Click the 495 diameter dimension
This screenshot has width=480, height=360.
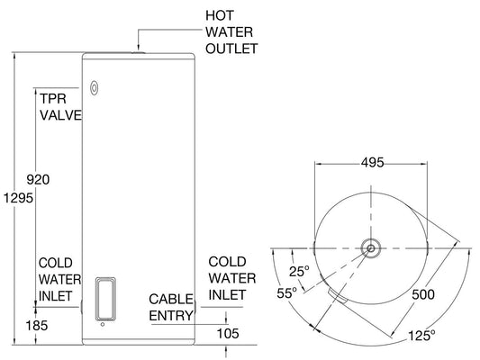pyautogui.click(x=372, y=163)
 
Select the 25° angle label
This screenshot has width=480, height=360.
pyautogui.click(x=301, y=271)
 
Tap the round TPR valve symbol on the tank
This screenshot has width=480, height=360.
pyautogui.click(x=95, y=88)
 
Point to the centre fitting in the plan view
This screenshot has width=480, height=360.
pyautogui.click(x=370, y=247)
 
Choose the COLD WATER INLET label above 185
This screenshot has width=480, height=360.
pyautogui.click(x=59, y=278)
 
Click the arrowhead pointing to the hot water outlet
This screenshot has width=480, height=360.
pyautogui.click(x=137, y=49)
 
